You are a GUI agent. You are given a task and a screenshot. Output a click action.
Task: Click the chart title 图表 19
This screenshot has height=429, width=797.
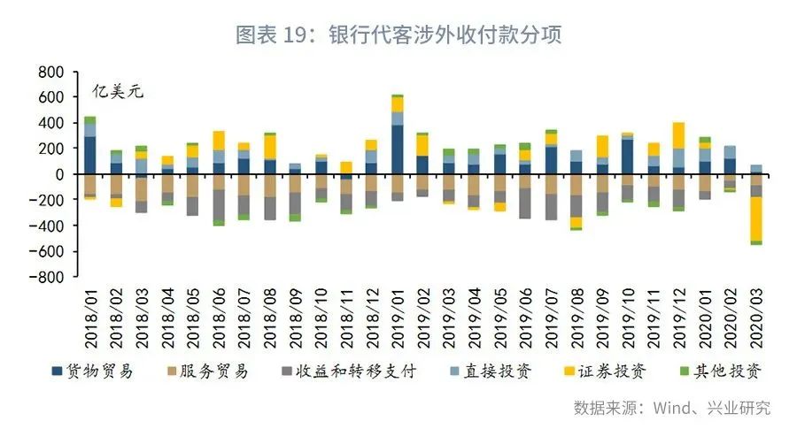coord(398,34)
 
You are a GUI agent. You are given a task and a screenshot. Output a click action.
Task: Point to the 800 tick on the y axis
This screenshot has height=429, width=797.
coord(50,71)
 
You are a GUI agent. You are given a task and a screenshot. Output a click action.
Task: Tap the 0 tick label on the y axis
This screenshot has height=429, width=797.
coord(60,174)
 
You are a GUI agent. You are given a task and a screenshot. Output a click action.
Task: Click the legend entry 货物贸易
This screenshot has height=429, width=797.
coord(94,372)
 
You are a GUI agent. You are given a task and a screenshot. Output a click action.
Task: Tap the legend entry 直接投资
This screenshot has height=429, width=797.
coord(493,372)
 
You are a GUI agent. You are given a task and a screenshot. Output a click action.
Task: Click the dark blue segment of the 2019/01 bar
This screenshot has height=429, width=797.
coord(398,149)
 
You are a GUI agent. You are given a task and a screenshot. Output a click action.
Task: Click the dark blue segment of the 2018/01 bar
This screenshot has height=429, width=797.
coord(89,156)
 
